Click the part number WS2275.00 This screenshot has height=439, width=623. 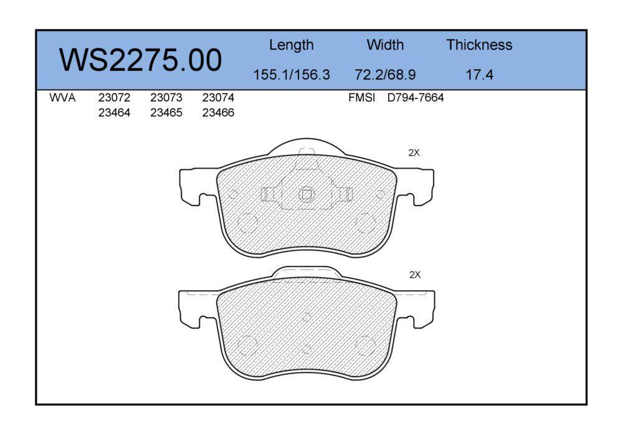click(140, 60)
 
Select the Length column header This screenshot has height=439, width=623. click(291, 45)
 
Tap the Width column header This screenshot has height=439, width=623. click(385, 44)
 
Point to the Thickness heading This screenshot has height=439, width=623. click(479, 44)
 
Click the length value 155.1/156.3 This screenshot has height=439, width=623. click(292, 75)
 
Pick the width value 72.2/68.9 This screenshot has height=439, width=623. click(385, 75)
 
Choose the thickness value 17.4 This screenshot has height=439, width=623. click(479, 75)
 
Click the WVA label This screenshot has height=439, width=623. click(62, 98)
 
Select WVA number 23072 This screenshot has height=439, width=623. click(114, 98)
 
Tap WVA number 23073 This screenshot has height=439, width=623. click(166, 98)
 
